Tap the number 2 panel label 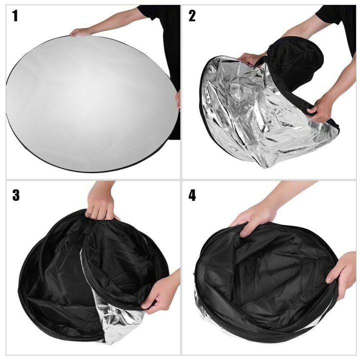coord(192,16)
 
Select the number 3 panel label coord(16,195)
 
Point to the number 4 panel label coord(192,195)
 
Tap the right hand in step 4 coord(342,272)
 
